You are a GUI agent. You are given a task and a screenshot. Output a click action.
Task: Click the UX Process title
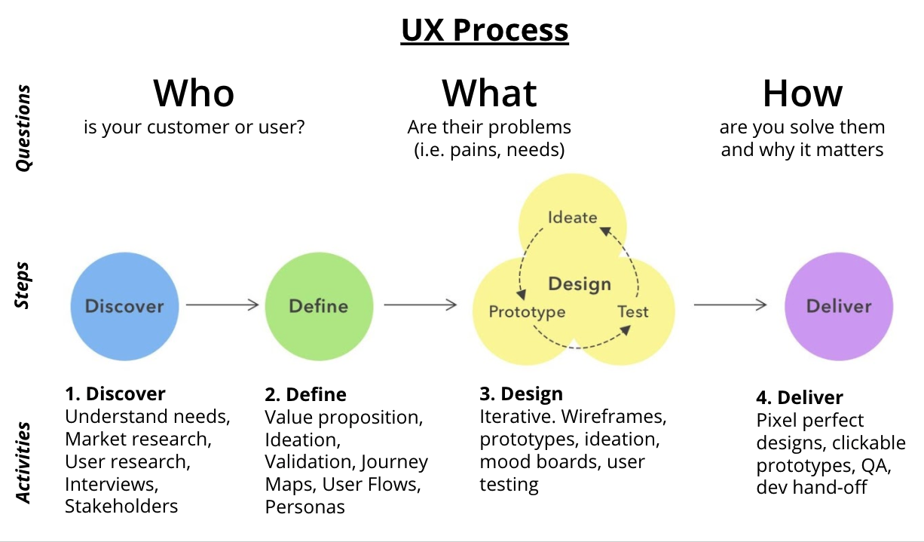pyautogui.click(x=485, y=30)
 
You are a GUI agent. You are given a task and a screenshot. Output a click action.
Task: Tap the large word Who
pyautogui.click(x=194, y=93)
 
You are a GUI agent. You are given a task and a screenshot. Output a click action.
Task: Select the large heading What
pyautogui.click(x=489, y=93)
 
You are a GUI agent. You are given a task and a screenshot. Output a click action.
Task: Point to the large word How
pyautogui.click(x=802, y=93)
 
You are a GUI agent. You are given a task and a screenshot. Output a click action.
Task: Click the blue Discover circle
pyautogui.click(x=124, y=305)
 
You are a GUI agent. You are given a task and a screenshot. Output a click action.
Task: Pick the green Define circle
pyautogui.click(x=319, y=305)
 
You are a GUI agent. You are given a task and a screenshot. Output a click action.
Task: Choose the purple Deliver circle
pyautogui.click(x=839, y=305)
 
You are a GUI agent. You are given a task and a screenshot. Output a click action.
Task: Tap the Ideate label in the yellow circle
pyautogui.click(x=572, y=217)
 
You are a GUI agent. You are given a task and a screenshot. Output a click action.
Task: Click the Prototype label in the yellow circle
pyautogui.click(x=527, y=311)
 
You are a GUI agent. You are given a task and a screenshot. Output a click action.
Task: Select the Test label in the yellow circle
pyautogui.click(x=633, y=311)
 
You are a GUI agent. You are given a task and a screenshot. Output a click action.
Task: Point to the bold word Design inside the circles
pyautogui.click(x=580, y=284)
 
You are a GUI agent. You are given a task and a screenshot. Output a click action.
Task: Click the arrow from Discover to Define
pyautogui.click(x=222, y=305)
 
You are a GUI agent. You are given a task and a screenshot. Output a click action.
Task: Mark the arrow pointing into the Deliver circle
pyautogui.click(x=730, y=305)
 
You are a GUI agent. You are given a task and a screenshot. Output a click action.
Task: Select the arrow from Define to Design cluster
pyautogui.click(x=420, y=305)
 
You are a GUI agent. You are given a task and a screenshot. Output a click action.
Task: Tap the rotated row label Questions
pyautogui.click(x=24, y=128)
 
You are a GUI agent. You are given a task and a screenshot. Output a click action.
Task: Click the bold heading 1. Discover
pyautogui.click(x=115, y=393)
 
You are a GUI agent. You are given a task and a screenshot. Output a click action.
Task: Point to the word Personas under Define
pyautogui.click(x=304, y=507)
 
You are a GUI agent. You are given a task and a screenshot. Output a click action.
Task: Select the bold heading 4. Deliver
pyautogui.click(x=800, y=397)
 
